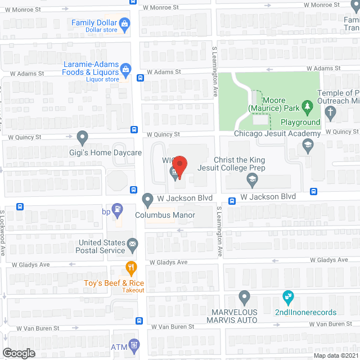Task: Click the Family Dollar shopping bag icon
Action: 125,23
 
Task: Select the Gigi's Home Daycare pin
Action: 83,137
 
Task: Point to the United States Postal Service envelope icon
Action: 133,244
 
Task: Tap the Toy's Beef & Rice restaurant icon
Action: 132,267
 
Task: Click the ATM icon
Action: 134,345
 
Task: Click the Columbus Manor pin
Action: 147,199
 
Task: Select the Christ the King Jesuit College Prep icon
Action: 253,180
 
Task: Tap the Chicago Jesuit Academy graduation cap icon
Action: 308,146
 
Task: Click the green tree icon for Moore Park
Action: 307,106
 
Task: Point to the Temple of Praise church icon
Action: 331,114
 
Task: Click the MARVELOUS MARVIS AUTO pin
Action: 244,296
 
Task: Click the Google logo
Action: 18,353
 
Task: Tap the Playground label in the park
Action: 300,122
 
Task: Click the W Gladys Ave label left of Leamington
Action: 168,262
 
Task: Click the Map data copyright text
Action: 336,355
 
